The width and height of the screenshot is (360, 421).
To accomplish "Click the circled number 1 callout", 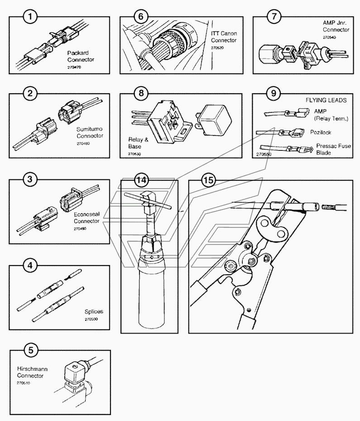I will (x=30, y=18).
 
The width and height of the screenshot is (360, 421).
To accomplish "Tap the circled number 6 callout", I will (x=140, y=18).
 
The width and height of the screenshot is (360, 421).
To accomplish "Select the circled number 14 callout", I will (x=141, y=180).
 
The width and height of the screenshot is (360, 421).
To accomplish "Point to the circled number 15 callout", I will (x=208, y=180).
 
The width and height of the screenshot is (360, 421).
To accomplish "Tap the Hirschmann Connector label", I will (x=29, y=373).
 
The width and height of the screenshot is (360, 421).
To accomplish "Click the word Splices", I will (x=94, y=312).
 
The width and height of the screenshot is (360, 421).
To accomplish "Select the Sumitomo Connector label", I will (x=89, y=132).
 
